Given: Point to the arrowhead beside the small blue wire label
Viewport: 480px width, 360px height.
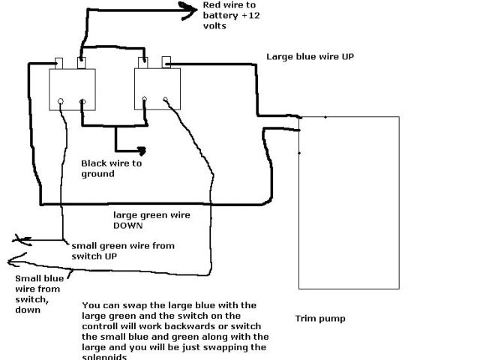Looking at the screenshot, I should pyautogui.click(x=10, y=262).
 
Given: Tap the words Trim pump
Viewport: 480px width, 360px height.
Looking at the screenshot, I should pyautogui.click(x=320, y=319).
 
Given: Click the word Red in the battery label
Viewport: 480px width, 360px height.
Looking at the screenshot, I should pyautogui.click(x=212, y=5).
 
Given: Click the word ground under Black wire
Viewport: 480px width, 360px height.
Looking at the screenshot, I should pyautogui.click(x=98, y=174).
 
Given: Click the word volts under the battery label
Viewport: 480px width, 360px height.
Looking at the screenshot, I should pyautogui.click(x=214, y=26).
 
